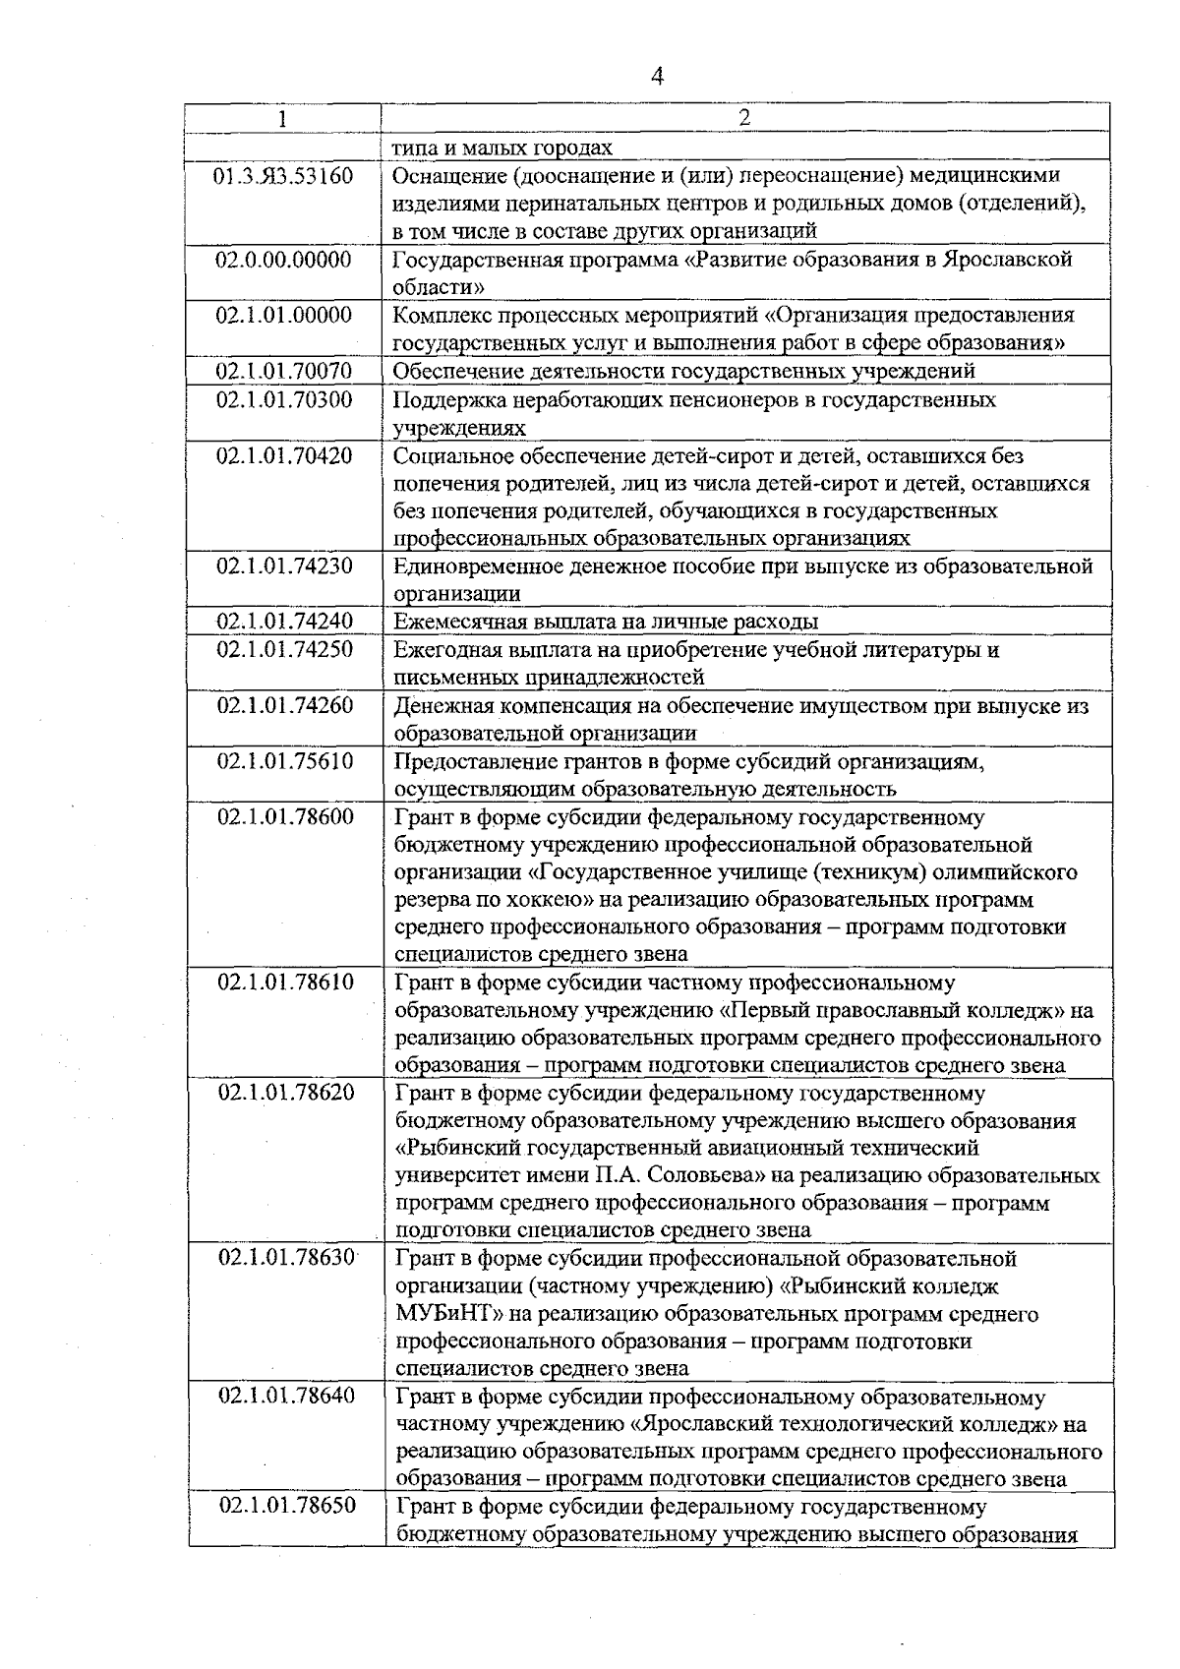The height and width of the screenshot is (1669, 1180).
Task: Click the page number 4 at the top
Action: [x=658, y=77]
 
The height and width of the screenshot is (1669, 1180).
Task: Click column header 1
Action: [x=283, y=119]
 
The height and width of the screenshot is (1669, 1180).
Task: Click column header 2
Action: [x=744, y=118]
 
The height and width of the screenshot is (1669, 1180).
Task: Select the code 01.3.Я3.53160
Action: [x=284, y=177]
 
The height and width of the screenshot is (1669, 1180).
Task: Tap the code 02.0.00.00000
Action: [x=284, y=260]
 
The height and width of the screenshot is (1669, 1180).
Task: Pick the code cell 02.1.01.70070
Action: [x=284, y=371]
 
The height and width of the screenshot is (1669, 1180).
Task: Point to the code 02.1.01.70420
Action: [x=284, y=455]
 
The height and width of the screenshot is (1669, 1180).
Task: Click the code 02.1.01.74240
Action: [x=284, y=621]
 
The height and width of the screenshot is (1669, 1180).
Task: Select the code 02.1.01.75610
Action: [x=284, y=761]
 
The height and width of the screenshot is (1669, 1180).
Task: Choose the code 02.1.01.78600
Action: [x=284, y=816]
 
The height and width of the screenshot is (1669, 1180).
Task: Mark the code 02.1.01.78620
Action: [x=286, y=1093]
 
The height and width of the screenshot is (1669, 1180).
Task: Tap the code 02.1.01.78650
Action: [x=286, y=1506]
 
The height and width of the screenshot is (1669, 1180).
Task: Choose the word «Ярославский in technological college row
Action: [x=702, y=1424]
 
